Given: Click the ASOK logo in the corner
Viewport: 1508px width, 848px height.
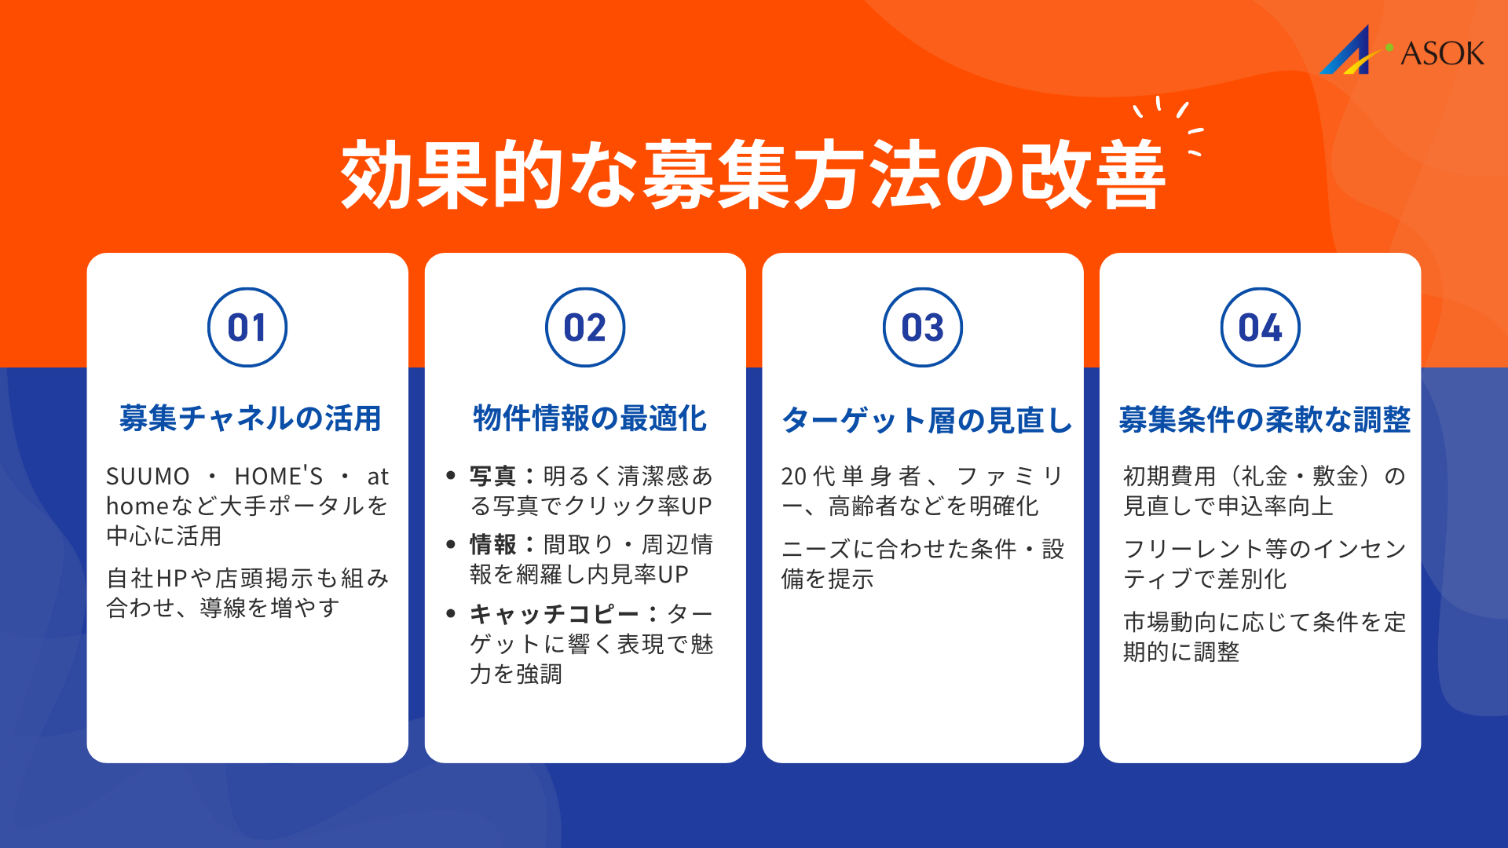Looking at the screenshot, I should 1402,51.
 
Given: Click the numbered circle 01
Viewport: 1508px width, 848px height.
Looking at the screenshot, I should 247,327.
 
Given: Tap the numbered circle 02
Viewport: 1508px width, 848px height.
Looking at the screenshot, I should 585,327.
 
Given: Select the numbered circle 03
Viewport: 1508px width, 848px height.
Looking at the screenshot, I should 923,327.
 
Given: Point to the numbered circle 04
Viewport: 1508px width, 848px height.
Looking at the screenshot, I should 1261,327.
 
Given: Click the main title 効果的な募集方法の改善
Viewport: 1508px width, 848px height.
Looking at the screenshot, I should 752,174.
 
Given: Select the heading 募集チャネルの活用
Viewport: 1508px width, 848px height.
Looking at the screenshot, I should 250,419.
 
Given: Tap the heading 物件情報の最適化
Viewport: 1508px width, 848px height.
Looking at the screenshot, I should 589,419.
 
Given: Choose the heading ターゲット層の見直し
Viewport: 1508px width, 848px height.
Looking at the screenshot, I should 927,420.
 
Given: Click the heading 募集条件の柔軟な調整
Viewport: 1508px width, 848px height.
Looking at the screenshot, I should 1265,420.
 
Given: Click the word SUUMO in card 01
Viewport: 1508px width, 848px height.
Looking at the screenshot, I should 148,477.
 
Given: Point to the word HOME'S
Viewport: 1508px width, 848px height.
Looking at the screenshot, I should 279,477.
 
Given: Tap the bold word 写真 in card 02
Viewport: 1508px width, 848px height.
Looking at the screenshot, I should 492,476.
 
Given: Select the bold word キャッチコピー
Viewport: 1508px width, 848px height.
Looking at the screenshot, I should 554,613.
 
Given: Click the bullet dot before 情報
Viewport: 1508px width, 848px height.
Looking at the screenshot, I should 451,544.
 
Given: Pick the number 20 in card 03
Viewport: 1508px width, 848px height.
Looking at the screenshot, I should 794,477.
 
